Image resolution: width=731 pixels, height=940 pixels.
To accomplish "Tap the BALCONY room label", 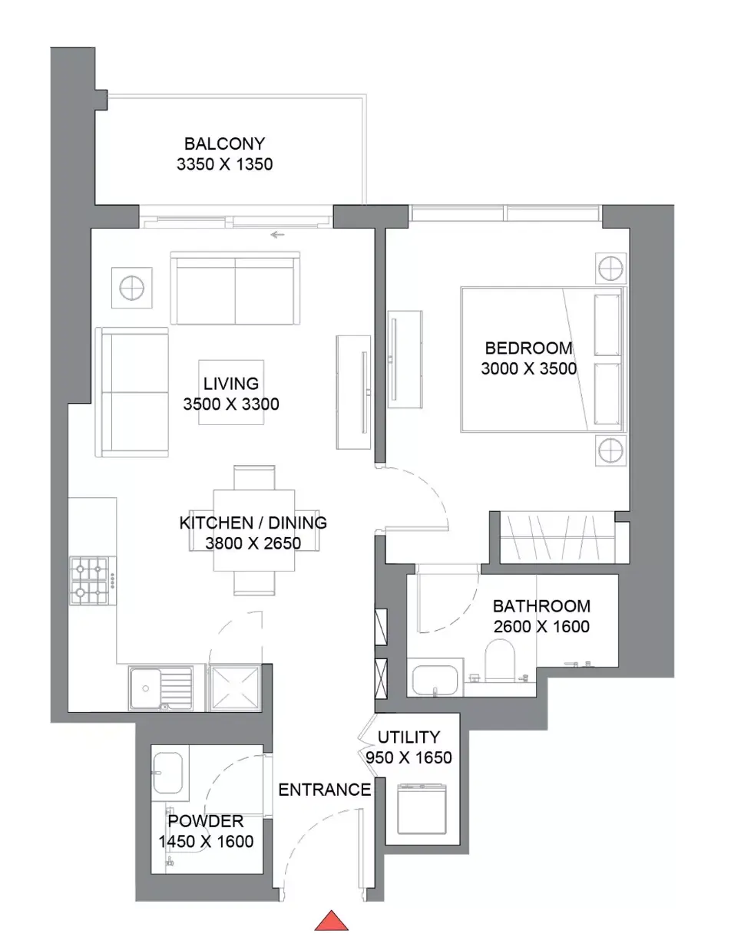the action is pos(225,143).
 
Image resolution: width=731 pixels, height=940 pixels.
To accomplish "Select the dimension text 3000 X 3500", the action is pos(528,368).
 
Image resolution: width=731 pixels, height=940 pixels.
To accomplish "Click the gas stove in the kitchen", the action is pos(93,581).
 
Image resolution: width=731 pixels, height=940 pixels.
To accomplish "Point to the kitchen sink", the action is pos(160,688).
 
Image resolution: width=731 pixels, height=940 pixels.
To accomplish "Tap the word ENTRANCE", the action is pos(325,790).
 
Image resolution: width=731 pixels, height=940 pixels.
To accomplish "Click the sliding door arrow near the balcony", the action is pos(277,235).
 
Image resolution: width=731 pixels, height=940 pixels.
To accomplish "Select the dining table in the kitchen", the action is pos(254,530).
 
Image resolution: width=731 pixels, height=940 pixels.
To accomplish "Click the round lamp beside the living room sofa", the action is pos(132,288).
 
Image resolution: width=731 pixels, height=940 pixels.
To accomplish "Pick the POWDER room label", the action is pos(206,821).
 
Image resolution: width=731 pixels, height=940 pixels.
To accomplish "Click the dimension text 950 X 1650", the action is pos(409,757).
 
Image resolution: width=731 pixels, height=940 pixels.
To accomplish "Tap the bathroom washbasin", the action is pos(434,680).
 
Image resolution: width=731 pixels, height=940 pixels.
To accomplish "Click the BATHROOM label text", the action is pos(541,606).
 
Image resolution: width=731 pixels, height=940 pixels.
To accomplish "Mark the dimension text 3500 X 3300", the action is pos(231,404).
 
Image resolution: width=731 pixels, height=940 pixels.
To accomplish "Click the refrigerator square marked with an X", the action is pos(235,688).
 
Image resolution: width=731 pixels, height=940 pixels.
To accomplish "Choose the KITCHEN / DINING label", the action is pos(253,523).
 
